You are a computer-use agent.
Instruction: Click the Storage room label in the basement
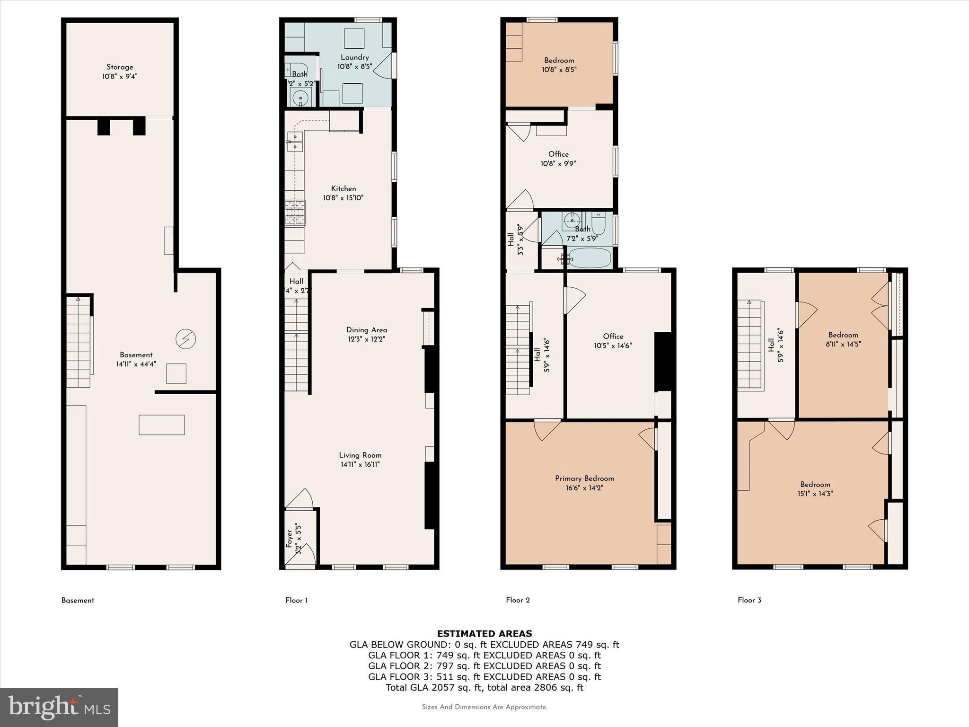click(120, 67)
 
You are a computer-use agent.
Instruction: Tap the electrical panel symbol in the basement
click(185, 339)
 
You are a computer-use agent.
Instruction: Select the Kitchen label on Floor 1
click(344, 188)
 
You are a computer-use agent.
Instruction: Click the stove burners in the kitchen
click(295, 213)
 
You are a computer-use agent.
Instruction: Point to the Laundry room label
click(354, 57)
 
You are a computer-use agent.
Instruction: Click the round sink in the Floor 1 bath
click(300, 98)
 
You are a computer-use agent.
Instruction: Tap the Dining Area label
click(367, 330)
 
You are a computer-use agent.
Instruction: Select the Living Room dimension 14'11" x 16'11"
click(360, 464)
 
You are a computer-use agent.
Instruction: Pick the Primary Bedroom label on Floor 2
click(584, 479)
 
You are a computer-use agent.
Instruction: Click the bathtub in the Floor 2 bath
click(590, 258)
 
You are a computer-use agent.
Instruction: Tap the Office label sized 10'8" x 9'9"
click(558, 154)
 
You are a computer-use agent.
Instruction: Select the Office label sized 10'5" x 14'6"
click(613, 336)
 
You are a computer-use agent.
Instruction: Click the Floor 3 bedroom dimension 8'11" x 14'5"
click(843, 344)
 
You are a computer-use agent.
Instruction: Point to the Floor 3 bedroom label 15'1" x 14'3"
click(815, 484)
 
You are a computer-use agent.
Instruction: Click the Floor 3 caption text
click(749, 600)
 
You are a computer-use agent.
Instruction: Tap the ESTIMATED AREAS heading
click(484, 633)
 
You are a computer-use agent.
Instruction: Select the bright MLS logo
click(59, 707)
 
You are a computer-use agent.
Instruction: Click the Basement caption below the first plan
click(78, 600)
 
